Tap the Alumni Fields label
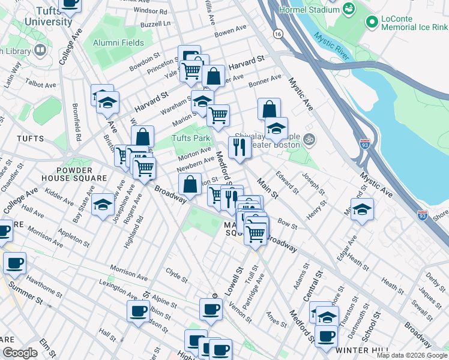[118, 43]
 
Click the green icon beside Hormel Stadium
[348, 9]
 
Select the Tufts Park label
[190, 138]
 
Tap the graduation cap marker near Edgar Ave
[362, 209]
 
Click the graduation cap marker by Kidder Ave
[103, 205]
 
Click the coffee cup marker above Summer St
[14, 263]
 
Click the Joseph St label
[313, 184]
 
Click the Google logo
[20, 353]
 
